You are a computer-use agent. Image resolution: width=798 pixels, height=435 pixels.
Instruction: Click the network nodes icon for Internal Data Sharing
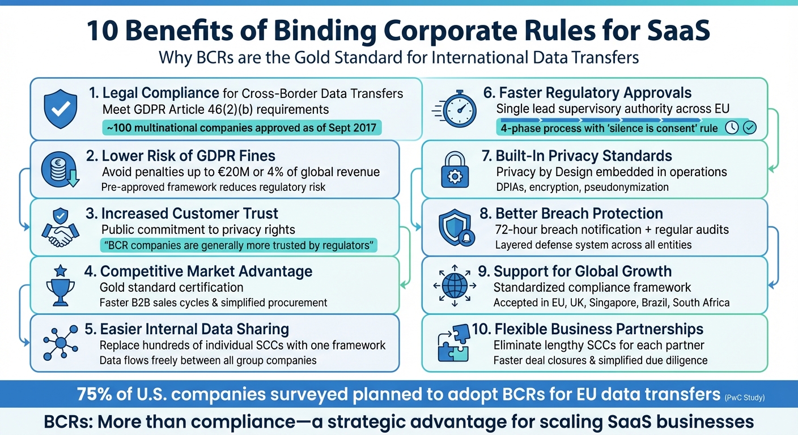click(x=61, y=343)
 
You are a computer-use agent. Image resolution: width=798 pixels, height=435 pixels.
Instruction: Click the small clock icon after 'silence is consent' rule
click(x=732, y=127)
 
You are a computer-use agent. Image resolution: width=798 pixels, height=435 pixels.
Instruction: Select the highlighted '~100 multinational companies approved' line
click(x=241, y=127)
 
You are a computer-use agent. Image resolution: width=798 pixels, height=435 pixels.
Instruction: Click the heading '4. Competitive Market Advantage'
click(x=198, y=271)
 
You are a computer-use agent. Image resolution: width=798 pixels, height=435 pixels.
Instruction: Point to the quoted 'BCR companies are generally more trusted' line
click(x=238, y=245)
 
